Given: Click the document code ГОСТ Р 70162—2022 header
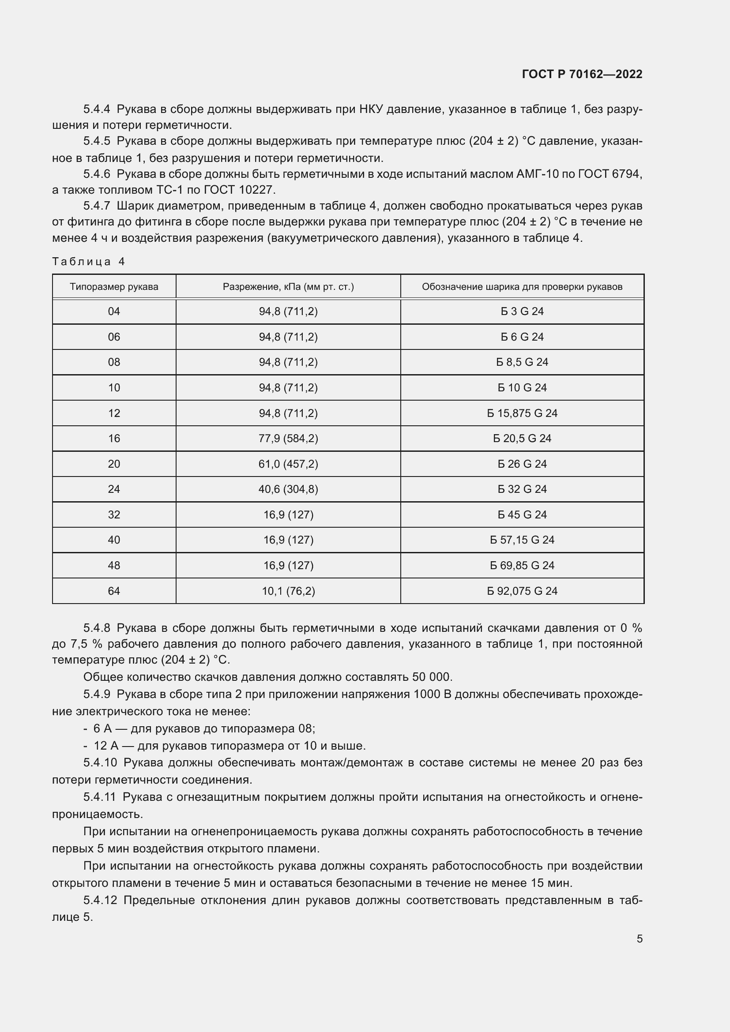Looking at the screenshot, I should [x=582, y=74].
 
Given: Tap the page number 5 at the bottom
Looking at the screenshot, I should [x=639, y=938].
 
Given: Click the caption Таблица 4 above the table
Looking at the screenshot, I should [x=89, y=262].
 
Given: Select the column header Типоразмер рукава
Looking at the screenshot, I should [x=114, y=287].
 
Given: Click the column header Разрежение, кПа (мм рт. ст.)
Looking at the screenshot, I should [x=288, y=287].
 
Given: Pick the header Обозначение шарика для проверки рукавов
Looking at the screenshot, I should [x=522, y=287].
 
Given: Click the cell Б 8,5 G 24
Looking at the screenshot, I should [x=522, y=362].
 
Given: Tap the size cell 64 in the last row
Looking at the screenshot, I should [x=114, y=591].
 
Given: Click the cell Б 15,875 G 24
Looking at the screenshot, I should [x=522, y=413].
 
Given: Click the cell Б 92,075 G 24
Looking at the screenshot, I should [x=522, y=591].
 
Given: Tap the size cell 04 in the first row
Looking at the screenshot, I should [x=114, y=311].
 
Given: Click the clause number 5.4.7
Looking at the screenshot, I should [x=96, y=206].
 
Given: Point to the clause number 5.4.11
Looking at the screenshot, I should [x=99, y=797].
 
